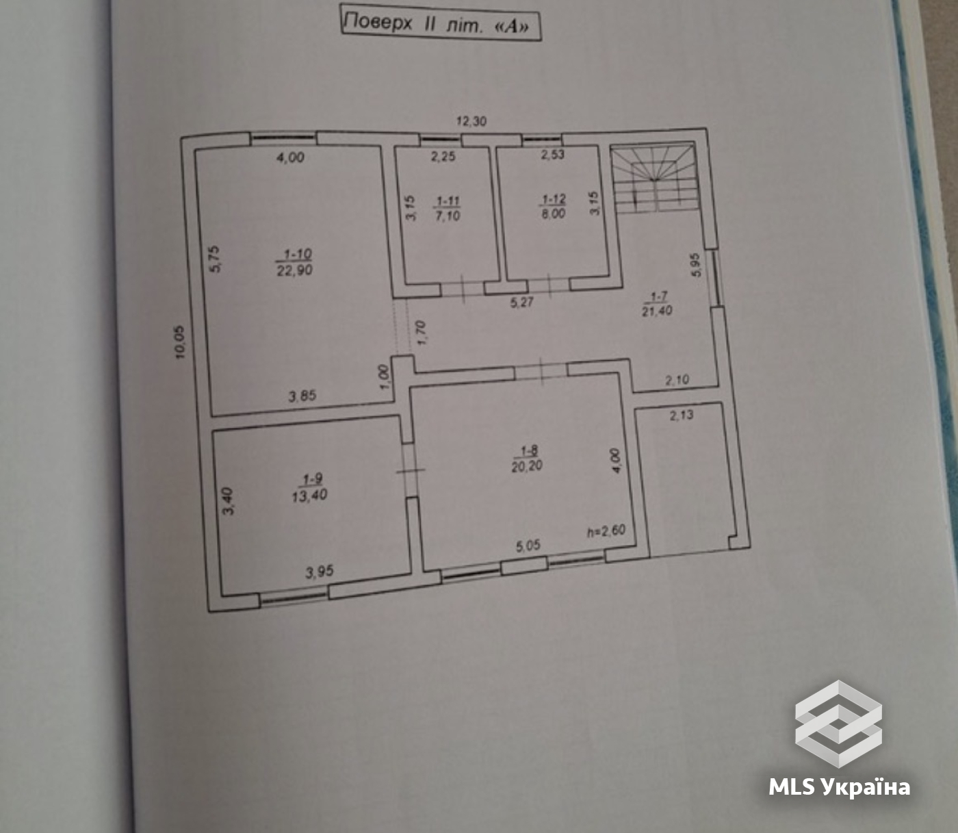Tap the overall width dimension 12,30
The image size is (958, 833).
coord(471,121)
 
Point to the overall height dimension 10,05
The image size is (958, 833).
coord(181,342)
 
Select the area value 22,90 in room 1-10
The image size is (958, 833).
coord(294,270)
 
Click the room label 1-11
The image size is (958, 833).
coord(448,201)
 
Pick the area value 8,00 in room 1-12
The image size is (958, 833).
coord(554,214)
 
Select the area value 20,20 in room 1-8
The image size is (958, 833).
coord(527,466)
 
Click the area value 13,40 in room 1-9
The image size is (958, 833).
coord(309,495)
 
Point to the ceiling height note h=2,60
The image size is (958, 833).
coord(606,531)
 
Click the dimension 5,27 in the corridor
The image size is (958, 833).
coord(521,303)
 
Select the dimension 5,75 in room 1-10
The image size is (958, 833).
coord(215,259)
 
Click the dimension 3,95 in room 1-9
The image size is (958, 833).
coord(320,572)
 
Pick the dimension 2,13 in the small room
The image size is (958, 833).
coord(682,415)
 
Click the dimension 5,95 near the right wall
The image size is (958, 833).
coord(696,265)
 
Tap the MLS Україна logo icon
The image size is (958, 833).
coord(838,724)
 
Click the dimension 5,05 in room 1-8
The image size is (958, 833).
coord(528,546)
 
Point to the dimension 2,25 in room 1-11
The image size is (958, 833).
coord(443,156)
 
